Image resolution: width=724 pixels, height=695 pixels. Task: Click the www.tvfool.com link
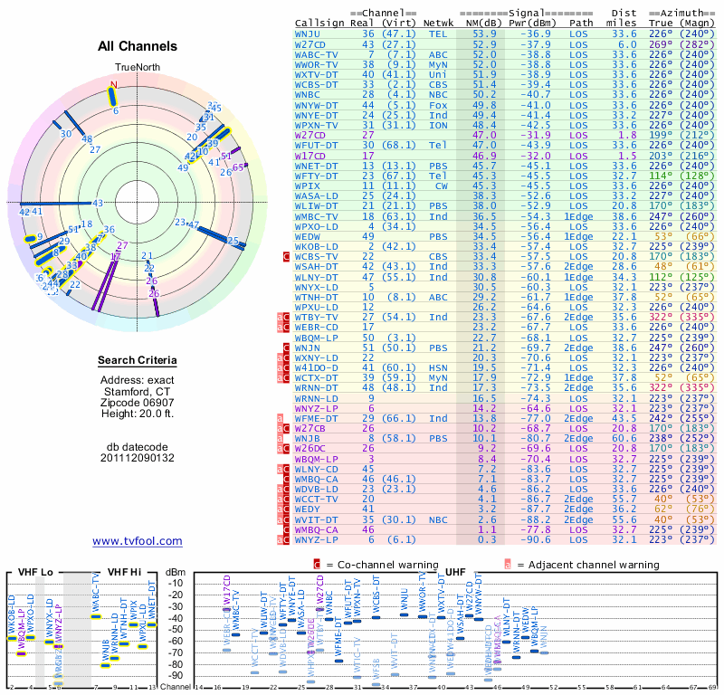coord(138,541)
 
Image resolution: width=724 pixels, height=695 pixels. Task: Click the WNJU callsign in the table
coord(310,33)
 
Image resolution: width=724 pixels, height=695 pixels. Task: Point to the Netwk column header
coord(438,23)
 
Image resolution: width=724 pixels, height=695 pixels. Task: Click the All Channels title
coord(138,46)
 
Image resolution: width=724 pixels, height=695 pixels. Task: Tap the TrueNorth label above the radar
coord(138,68)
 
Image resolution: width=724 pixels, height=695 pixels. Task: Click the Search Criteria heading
coord(138,361)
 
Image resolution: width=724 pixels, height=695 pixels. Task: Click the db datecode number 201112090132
coord(138,458)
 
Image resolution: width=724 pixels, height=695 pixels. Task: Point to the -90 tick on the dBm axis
coord(175,676)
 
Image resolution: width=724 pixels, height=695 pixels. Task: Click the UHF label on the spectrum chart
coord(456,573)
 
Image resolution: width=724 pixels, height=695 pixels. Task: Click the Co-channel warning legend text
coord(384,564)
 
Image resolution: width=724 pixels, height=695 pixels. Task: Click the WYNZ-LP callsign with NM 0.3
coord(312,539)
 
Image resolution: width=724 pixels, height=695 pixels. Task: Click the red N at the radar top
coord(114,86)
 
